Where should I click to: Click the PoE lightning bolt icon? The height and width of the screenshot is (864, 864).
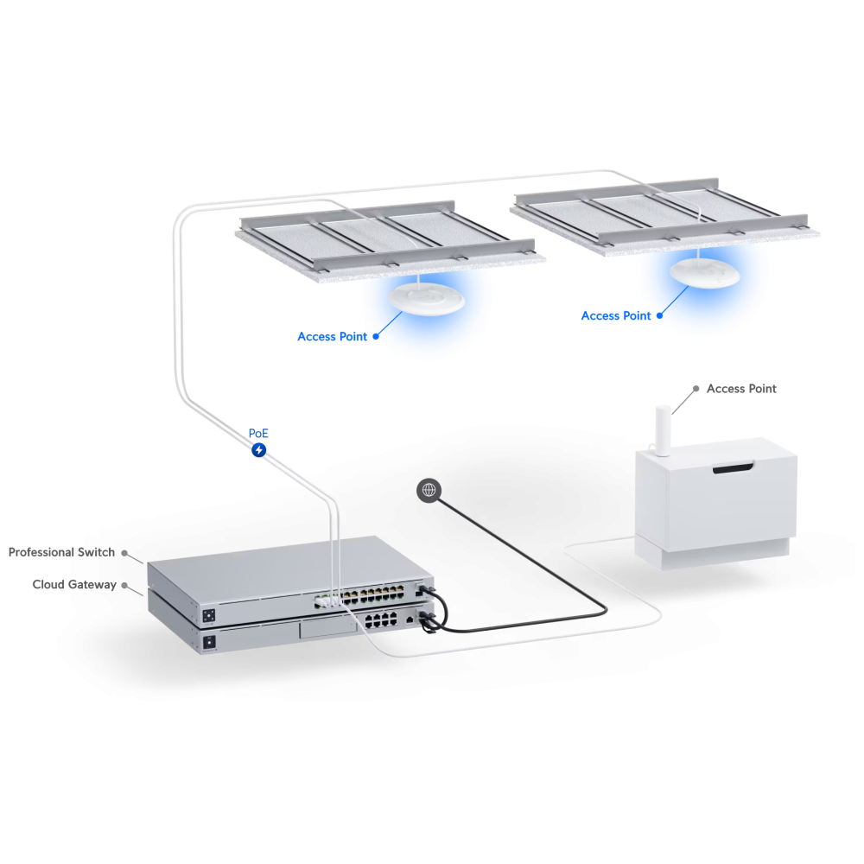pyautogui.click(x=259, y=450)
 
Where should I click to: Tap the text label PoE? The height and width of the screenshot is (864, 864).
pyautogui.click(x=258, y=433)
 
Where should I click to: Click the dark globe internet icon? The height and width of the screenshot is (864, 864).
pyautogui.click(x=429, y=490)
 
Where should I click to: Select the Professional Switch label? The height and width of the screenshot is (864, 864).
pyautogui.click(x=61, y=552)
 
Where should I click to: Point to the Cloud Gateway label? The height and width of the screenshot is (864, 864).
pyautogui.click(x=74, y=584)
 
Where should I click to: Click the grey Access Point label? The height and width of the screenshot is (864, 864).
pyautogui.click(x=741, y=389)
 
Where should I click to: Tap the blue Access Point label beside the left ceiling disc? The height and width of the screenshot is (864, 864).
pyautogui.click(x=333, y=337)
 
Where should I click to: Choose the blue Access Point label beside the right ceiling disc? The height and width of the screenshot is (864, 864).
pyautogui.click(x=616, y=315)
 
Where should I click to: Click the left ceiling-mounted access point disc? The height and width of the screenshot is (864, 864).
pyautogui.click(x=426, y=299)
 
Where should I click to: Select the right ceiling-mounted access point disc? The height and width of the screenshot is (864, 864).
pyautogui.click(x=705, y=273)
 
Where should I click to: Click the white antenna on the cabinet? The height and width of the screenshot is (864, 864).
pyautogui.click(x=663, y=430)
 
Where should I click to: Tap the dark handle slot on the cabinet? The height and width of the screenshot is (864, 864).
pyautogui.click(x=733, y=467)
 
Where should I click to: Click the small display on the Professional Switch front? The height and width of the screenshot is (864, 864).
pyautogui.click(x=209, y=615)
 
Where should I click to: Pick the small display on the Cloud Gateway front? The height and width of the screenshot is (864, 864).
pyautogui.click(x=209, y=642)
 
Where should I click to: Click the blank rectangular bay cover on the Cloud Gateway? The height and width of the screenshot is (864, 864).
pyautogui.click(x=327, y=628)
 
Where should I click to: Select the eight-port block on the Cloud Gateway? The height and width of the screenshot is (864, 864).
pyautogui.click(x=381, y=619)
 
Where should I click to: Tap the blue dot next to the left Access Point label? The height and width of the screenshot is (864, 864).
pyautogui.click(x=376, y=337)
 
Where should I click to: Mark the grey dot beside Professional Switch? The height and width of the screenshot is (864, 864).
pyautogui.click(x=124, y=553)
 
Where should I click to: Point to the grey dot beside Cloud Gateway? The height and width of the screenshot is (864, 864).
pyautogui.click(x=124, y=585)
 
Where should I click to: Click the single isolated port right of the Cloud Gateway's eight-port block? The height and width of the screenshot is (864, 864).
pyautogui.click(x=410, y=620)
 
